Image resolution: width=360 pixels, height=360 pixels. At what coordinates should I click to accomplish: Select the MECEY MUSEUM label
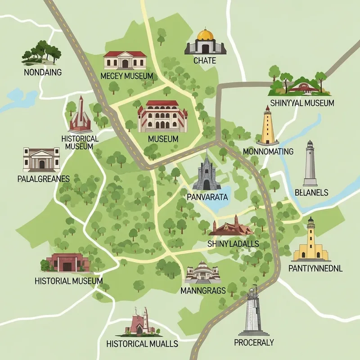(127, 76)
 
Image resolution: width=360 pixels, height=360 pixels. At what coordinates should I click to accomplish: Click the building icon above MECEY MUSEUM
(125, 60)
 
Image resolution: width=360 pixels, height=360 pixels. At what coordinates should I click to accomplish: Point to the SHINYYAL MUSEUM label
(301, 103)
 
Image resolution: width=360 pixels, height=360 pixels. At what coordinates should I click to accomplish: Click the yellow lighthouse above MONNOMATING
(267, 125)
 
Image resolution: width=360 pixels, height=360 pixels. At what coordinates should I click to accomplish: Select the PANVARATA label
(207, 197)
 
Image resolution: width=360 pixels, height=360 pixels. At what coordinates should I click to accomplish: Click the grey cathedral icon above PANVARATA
(207, 173)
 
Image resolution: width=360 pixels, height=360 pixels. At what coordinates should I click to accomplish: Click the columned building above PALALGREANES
(41, 158)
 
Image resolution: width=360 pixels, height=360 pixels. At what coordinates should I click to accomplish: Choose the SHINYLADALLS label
(233, 243)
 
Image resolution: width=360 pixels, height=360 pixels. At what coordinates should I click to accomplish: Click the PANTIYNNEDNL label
(315, 269)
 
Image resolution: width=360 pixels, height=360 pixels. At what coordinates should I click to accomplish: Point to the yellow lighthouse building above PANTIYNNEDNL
(311, 241)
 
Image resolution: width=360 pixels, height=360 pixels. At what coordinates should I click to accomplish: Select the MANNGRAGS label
(203, 290)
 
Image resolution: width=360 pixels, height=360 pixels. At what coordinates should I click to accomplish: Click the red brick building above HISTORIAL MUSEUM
(66, 261)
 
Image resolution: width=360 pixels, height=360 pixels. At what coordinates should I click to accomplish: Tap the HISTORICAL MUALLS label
(142, 344)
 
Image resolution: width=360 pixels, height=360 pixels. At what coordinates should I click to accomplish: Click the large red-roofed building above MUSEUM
(162, 117)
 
